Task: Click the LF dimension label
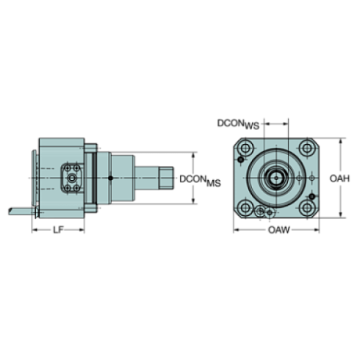pyautogui.click(x=58, y=230)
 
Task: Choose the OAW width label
pyautogui.click(x=277, y=230)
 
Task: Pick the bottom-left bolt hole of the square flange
pyautogui.click(x=243, y=209)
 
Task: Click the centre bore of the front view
pyautogui.click(x=276, y=178)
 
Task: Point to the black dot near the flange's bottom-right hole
pyautogui.click(x=312, y=199)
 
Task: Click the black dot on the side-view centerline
pyautogui.click(x=109, y=179)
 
